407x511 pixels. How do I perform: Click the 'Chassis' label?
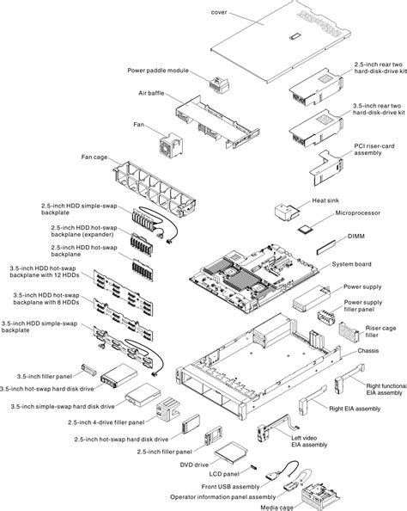click(370, 352)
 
